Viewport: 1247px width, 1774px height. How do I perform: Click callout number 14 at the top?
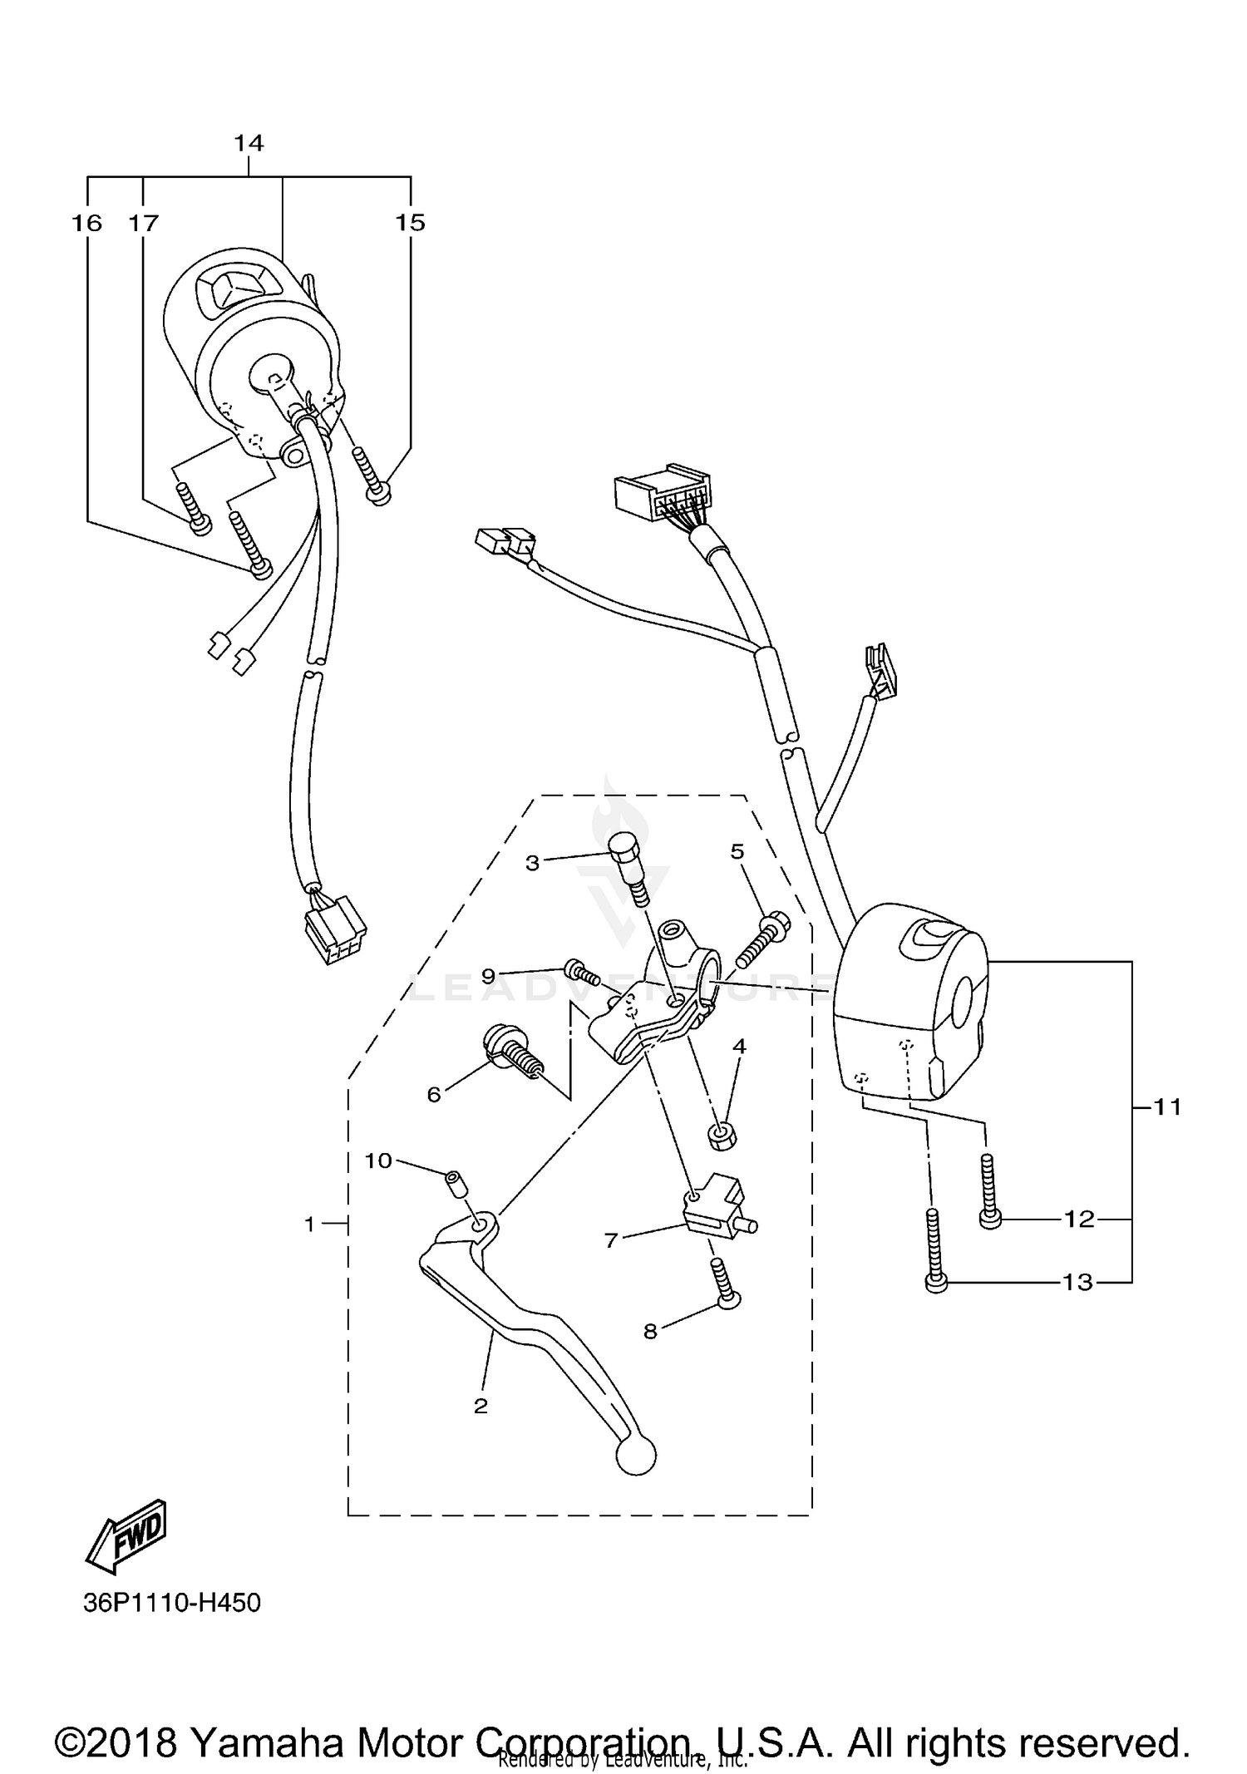[x=249, y=144]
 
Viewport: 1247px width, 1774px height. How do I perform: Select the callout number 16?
[x=86, y=223]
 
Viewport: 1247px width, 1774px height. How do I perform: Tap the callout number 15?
[x=410, y=223]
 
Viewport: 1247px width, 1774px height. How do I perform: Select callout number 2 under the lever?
[x=481, y=1406]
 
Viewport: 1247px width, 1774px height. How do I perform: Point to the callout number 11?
[x=1168, y=1106]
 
